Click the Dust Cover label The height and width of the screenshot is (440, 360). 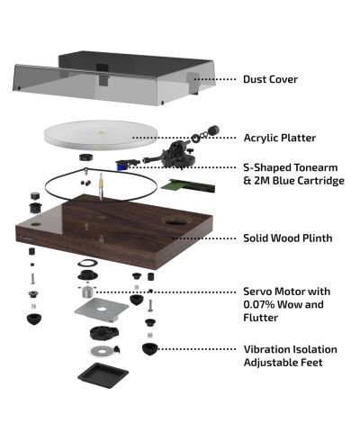pos(270,79)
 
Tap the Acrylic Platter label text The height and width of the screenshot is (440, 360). pos(280,138)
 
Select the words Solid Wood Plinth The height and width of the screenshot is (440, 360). pos(288,238)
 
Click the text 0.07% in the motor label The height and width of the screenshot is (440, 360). pos(259,305)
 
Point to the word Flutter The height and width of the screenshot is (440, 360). pos(261,318)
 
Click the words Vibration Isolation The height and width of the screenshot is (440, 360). pos(291,349)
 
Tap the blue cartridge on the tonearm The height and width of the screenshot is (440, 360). pos(121,165)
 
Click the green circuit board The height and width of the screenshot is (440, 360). pos(188,185)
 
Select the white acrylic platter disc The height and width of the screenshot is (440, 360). pos(101,135)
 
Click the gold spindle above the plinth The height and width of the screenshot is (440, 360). pos(101,185)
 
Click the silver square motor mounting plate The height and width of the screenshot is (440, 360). pos(102,310)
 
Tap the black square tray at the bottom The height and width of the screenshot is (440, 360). pos(103,376)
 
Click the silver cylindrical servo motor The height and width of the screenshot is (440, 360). pos(85,292)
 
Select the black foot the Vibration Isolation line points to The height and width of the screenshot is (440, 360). pos(149,349)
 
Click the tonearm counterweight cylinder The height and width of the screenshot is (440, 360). pos(214,130)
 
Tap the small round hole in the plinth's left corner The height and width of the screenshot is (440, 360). pos(36,224)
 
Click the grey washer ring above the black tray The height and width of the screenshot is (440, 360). pos(102,350)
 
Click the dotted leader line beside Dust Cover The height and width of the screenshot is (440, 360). pos(215,79)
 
